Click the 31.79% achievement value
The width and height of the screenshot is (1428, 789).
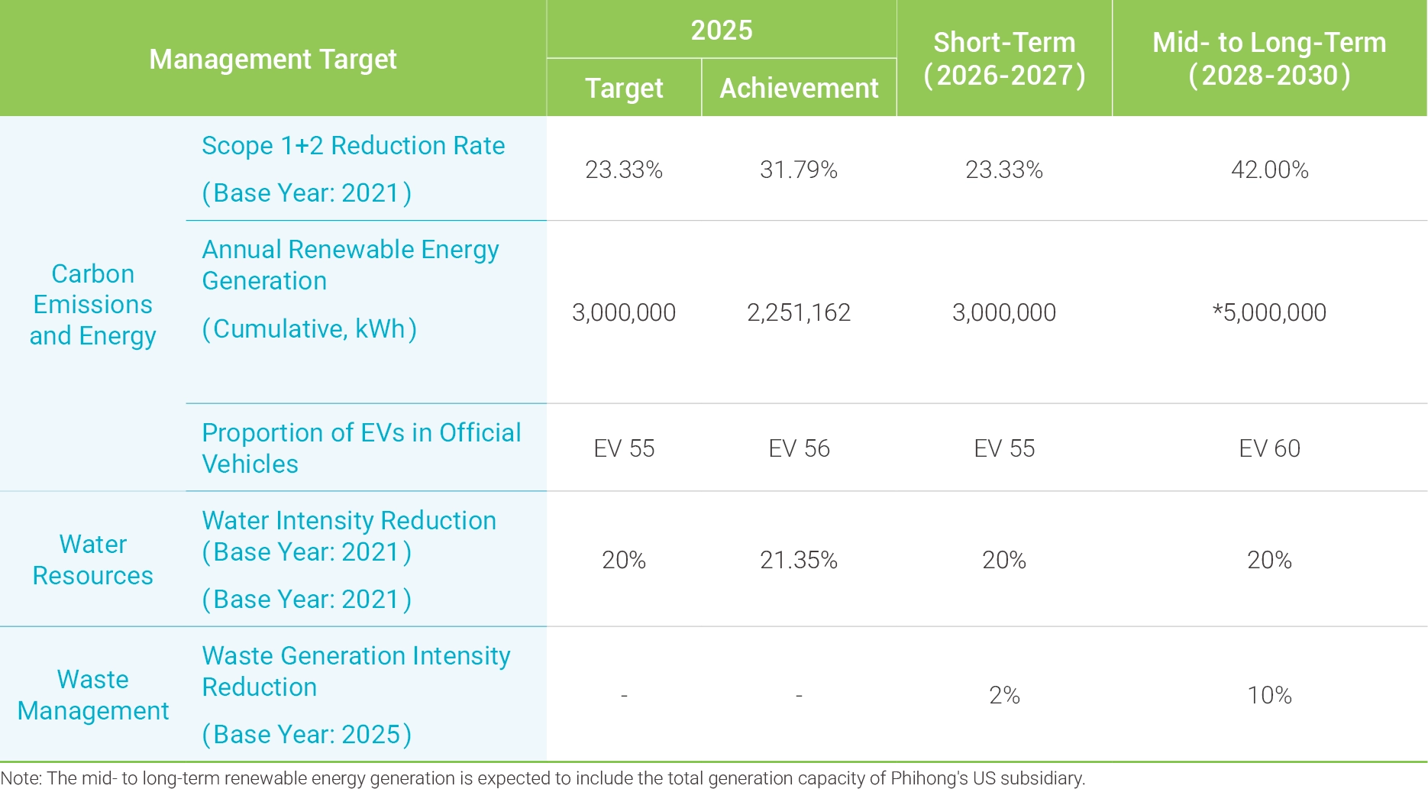(x=799, y=170)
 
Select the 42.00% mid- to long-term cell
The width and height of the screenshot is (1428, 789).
(x=1269, y=170)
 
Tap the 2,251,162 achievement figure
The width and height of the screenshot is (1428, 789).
(x=799, y=312)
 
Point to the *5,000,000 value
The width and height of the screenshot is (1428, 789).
(x=1269, y=312)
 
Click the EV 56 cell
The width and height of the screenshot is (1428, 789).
(x=799, y=448)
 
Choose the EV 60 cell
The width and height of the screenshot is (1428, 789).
(x=1269, y=448)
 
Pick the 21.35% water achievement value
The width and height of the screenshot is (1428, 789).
(x=799, y=561)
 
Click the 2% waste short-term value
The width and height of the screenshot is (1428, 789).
(x=1004, y=696)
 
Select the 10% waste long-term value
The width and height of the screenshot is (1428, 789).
(x=1269, y=696)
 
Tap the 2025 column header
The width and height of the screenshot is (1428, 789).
(x=722, y=31)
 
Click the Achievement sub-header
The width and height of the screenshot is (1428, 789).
(x=799, y=89)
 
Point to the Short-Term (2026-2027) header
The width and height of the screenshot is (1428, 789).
(x=1004, y=59)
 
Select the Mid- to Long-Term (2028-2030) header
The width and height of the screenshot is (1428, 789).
(x=1269, y=59)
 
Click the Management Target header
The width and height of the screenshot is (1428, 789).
(x=273, y=60)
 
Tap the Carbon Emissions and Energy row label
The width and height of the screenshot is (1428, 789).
(x=92, y=305)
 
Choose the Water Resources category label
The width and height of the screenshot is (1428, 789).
(x=92, y=560)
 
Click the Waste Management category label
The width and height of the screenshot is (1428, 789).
(x=92, y=695)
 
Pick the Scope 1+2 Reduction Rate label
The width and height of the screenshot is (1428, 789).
(x=353, y=146)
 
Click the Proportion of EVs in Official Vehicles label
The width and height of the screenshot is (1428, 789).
(x=361, y=448)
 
